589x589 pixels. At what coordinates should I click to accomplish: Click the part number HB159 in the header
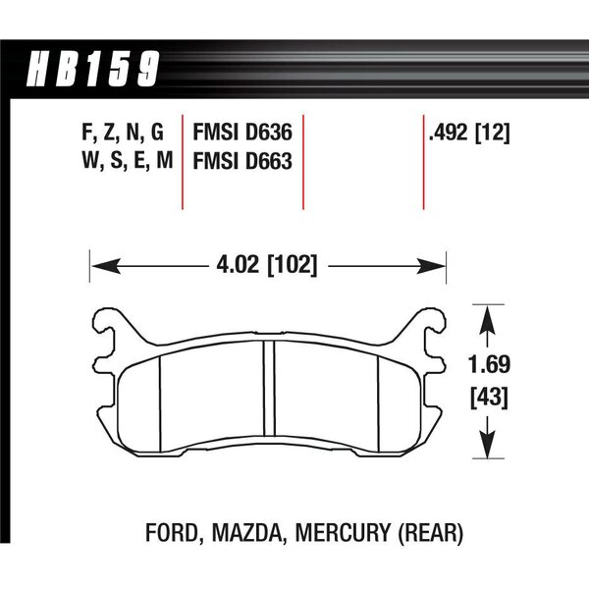tap(93, 68)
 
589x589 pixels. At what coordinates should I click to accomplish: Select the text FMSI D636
tap(242, 133)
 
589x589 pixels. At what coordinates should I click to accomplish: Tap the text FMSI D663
tap(242, 161)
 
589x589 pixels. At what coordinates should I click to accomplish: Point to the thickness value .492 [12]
tap(469, 133)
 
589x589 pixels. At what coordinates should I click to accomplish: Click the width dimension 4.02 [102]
tap(267, 265)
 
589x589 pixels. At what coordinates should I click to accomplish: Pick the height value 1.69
tap(489, 364)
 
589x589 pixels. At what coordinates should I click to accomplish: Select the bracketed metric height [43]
tap(489, 397)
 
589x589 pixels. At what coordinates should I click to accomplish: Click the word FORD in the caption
tap(172, 533)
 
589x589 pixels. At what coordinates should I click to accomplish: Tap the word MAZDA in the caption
tap(247, 533)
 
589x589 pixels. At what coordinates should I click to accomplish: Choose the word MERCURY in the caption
tap(343, 533)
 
